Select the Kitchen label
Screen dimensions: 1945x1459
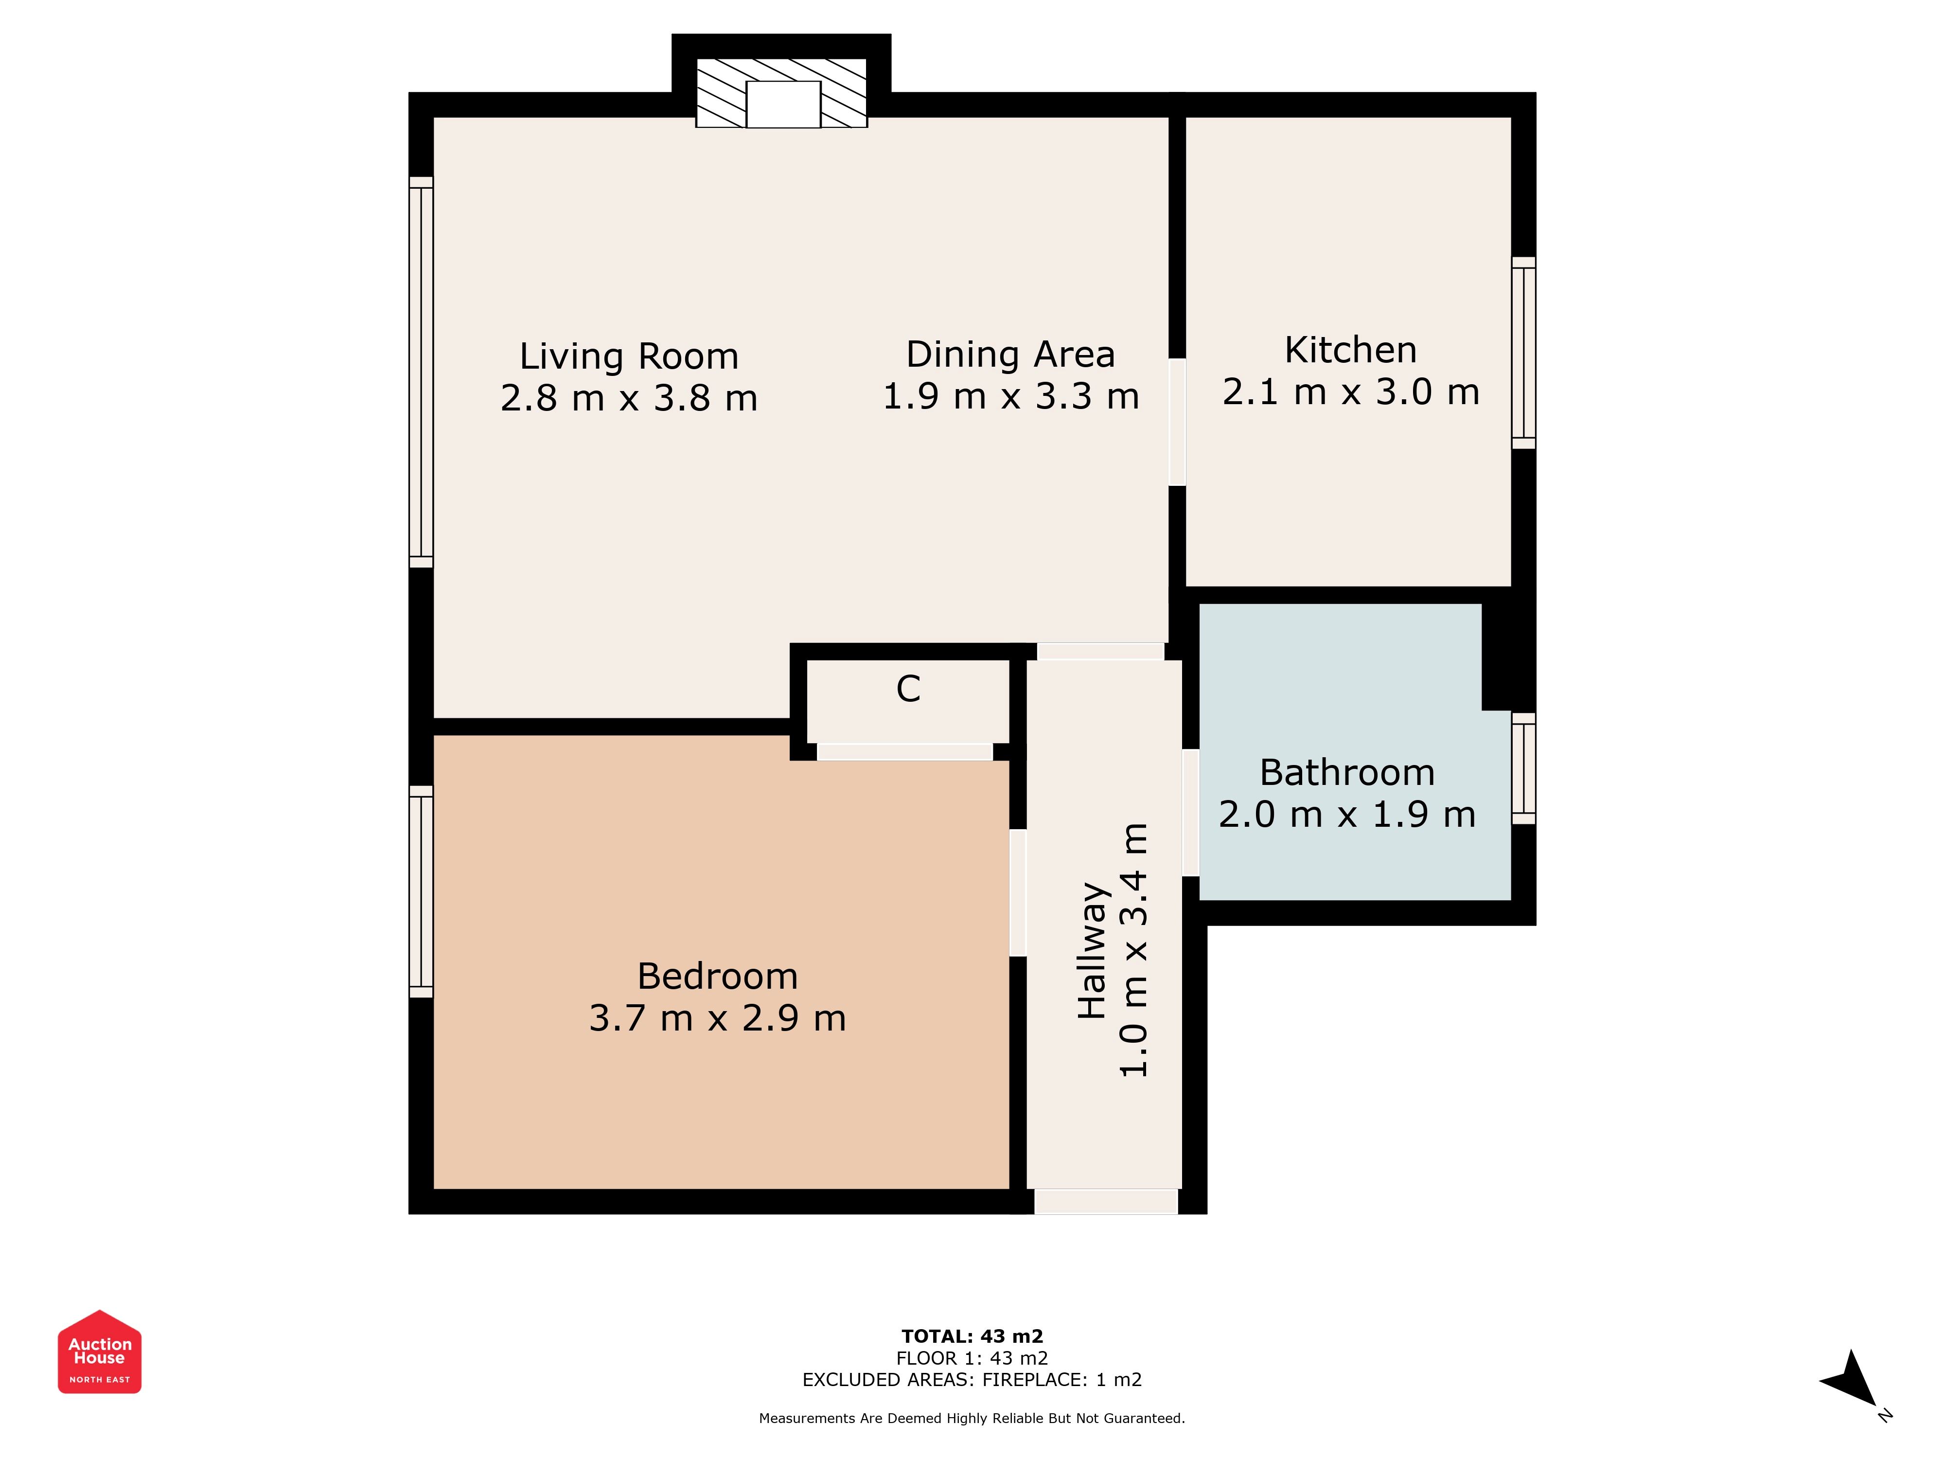click(x=1351, y=350)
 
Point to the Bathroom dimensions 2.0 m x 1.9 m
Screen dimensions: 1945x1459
click(x=1347, y=815)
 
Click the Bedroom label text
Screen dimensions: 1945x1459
click(x=718, y=976)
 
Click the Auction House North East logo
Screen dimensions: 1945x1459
click(x=99, y=1352)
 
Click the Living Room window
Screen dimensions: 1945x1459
click(x=421, y=372)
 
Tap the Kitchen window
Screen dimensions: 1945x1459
click(x=1524, y=353)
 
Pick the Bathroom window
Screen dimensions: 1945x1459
click(x=1524, y=768)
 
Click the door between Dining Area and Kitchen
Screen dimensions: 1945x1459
click(x=1177, y=422)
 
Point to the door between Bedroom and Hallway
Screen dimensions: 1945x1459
click(x=1018, y=892)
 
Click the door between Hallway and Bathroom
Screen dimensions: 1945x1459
click(x=1190, y=813)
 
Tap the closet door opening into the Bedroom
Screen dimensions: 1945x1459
click(x=905, y=752)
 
